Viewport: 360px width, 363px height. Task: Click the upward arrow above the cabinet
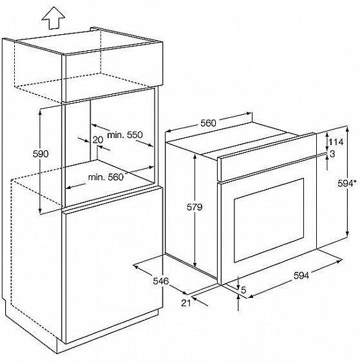[53, 18]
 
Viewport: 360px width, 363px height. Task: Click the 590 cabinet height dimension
[41, 153]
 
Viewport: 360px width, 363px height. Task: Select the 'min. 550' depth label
[125, 135]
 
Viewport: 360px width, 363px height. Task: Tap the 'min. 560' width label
[106, 177]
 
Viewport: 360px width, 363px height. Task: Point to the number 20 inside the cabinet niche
[98, 140]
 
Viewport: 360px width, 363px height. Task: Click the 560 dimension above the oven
[208, 123]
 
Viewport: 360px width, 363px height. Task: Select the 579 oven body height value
[194, 207]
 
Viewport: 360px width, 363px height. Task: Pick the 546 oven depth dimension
[161, 281]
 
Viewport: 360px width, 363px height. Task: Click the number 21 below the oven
[186, 303]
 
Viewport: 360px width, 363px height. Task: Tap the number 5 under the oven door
[243, 290]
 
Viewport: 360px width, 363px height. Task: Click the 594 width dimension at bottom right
[301, 275]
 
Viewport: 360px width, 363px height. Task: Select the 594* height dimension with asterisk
[345, 184]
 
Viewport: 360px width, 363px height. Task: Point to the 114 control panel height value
[336, 142]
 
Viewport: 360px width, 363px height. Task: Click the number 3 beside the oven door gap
[332, 153]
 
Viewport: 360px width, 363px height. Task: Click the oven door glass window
[269, 220]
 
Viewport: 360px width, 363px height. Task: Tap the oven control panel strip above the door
[267, 157]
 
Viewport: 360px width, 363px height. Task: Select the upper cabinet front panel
[113, 72]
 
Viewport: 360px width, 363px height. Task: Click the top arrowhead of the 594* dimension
[347, 129]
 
